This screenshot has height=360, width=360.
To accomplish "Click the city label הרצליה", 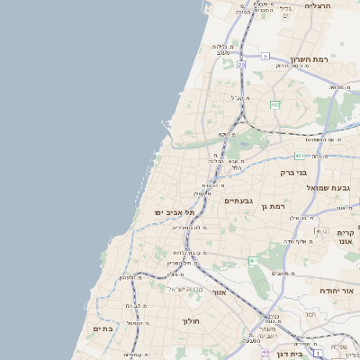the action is coord(318,5).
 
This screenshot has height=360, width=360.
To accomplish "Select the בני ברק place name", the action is coord(293,171).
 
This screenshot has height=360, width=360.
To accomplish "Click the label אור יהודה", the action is coord(338,292).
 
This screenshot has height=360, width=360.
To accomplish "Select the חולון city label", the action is coord(190,320).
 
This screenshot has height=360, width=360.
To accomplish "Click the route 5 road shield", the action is coord(265,56).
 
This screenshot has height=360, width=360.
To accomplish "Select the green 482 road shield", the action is coord(274,104).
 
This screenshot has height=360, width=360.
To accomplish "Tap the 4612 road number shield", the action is coord(321,230).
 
